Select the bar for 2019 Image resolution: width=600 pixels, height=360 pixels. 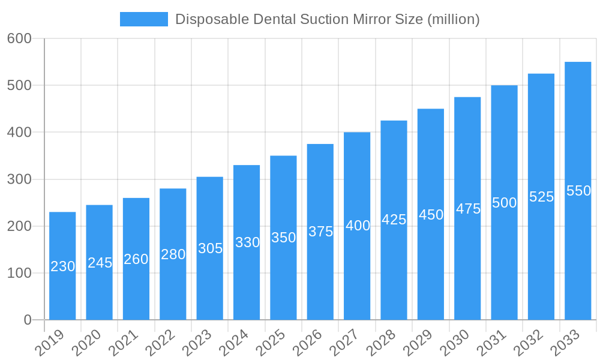point(62,266)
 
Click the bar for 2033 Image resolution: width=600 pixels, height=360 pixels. point(578,191)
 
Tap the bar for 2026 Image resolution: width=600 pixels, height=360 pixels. point(320,232)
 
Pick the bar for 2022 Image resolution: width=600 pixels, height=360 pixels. point(173,254)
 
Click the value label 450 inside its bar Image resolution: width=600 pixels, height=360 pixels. point(431,215)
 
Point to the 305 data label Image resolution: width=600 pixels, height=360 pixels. point(210,248)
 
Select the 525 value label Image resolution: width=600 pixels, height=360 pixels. point(541,197)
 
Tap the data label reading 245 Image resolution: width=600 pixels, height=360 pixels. point(100,263)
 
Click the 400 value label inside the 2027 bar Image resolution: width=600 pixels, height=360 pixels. point(358,226)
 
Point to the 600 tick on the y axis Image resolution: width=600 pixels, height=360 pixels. point(19,38)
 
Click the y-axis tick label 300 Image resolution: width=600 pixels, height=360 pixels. point(19,179)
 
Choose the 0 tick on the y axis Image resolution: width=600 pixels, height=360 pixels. point(28,320)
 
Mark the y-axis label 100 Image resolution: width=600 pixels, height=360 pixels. point(19,273)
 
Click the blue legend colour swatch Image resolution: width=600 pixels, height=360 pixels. point(144,19)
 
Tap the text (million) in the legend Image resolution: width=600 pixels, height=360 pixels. point(453,19)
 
